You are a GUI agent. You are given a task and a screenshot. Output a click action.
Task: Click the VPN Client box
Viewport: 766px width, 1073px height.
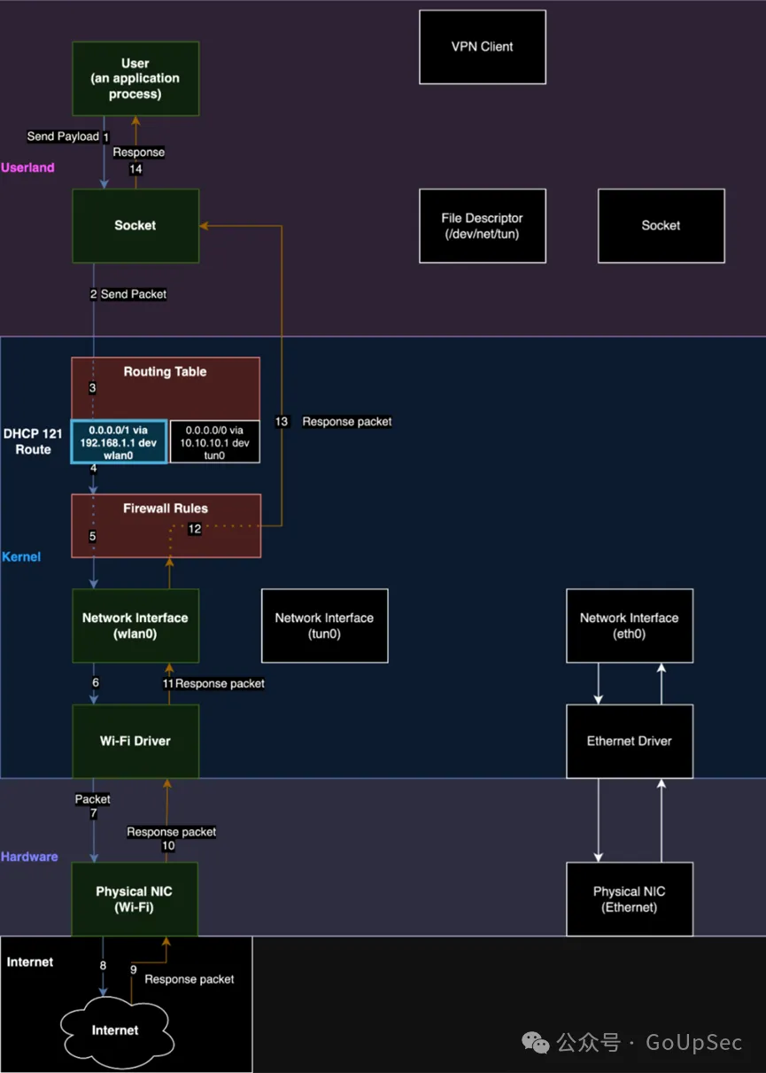tap(482, 47)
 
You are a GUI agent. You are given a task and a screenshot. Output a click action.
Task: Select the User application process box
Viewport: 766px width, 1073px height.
tap(135, 78)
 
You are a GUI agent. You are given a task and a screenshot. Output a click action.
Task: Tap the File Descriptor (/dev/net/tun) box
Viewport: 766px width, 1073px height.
tap(482, 225)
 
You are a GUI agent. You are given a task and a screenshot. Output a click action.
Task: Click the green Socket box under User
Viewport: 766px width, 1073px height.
tap(135, 225)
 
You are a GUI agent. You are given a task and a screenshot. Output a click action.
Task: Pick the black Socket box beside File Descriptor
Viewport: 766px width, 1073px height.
tap(661, 225)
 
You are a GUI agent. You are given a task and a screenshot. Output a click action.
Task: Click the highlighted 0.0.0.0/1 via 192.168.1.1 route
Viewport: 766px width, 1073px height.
tap(119, 441)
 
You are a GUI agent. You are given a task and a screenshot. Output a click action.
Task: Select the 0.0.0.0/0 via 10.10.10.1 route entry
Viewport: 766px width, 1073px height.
tap(214, 441)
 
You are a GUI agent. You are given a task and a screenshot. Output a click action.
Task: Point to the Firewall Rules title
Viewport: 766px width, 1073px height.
tap(166, 509)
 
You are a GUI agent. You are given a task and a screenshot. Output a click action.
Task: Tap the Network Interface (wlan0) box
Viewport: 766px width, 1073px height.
tap(135, 626)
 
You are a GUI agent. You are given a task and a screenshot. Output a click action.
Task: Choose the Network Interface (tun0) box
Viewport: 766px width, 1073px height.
tap(324, 626)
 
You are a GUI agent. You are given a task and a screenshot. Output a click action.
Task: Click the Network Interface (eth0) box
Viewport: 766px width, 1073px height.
tap(629, 626)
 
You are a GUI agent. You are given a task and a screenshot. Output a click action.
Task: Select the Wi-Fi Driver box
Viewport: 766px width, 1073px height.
tap(135, 741)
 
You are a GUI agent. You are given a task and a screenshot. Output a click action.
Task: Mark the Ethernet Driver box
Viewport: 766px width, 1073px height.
tap(629, 741)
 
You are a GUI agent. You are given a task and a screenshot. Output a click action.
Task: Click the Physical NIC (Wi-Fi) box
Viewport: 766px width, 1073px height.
tap(135, 899)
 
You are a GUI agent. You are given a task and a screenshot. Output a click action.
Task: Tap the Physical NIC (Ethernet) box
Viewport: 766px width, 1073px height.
tap(629, 899)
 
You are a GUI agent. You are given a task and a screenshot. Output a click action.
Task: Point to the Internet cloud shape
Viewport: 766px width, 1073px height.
tap(115, 1030)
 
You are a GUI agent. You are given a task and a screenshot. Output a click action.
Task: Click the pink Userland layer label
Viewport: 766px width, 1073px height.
tap(27, 167)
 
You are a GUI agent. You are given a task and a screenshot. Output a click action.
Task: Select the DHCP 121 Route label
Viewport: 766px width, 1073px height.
tap(33, 441)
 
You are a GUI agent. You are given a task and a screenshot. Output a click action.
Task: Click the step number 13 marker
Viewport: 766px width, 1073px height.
tap(282, 422)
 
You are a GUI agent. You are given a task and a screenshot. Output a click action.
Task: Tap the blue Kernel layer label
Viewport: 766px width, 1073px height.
tap(21, 556)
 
